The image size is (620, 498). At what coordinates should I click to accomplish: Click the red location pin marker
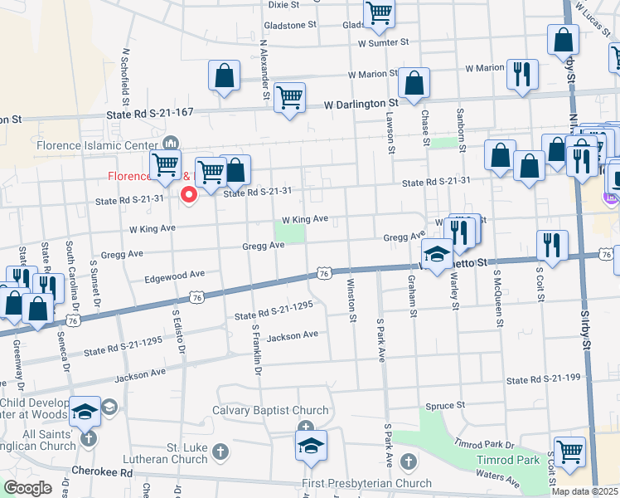click(188, 196)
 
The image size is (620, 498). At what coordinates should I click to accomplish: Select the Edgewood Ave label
click(174, 274)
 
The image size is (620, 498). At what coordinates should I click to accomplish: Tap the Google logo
click(27, 488)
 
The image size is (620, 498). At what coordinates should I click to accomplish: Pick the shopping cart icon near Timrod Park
click(569, 452)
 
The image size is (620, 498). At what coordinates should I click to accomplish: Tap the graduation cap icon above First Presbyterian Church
click(311, 445)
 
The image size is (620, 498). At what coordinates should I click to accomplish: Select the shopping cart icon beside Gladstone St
click(379, 12)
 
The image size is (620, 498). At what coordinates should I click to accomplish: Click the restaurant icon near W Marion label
click(521, 73)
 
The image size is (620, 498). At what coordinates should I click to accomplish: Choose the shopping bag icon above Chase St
click(414, 82)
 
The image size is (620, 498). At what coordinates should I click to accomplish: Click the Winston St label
click(351, 300)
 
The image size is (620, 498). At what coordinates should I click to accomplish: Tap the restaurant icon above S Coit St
click(551, 244)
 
